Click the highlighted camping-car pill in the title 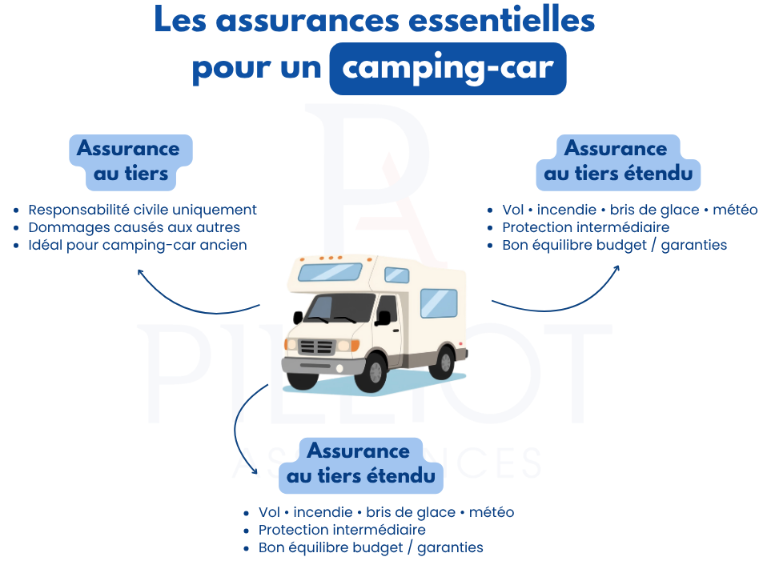click(x=448, y=68)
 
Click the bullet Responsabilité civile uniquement click(x=143, y=210)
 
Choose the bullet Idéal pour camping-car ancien click(x=137, y=245)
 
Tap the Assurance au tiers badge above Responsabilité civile click(x=128, y=161)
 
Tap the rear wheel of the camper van click(x=441, y=361)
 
